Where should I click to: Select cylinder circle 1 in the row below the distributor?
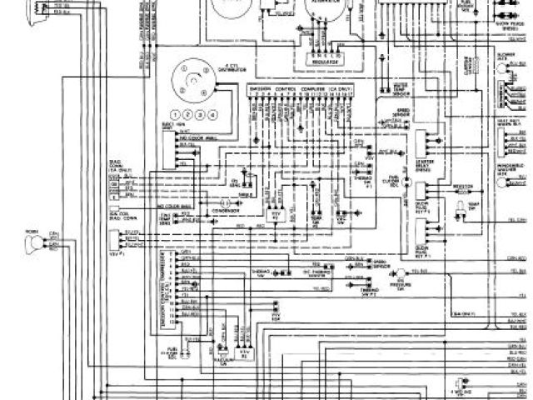pos(172,113)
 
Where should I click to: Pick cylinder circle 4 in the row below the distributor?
pos(212,113)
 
